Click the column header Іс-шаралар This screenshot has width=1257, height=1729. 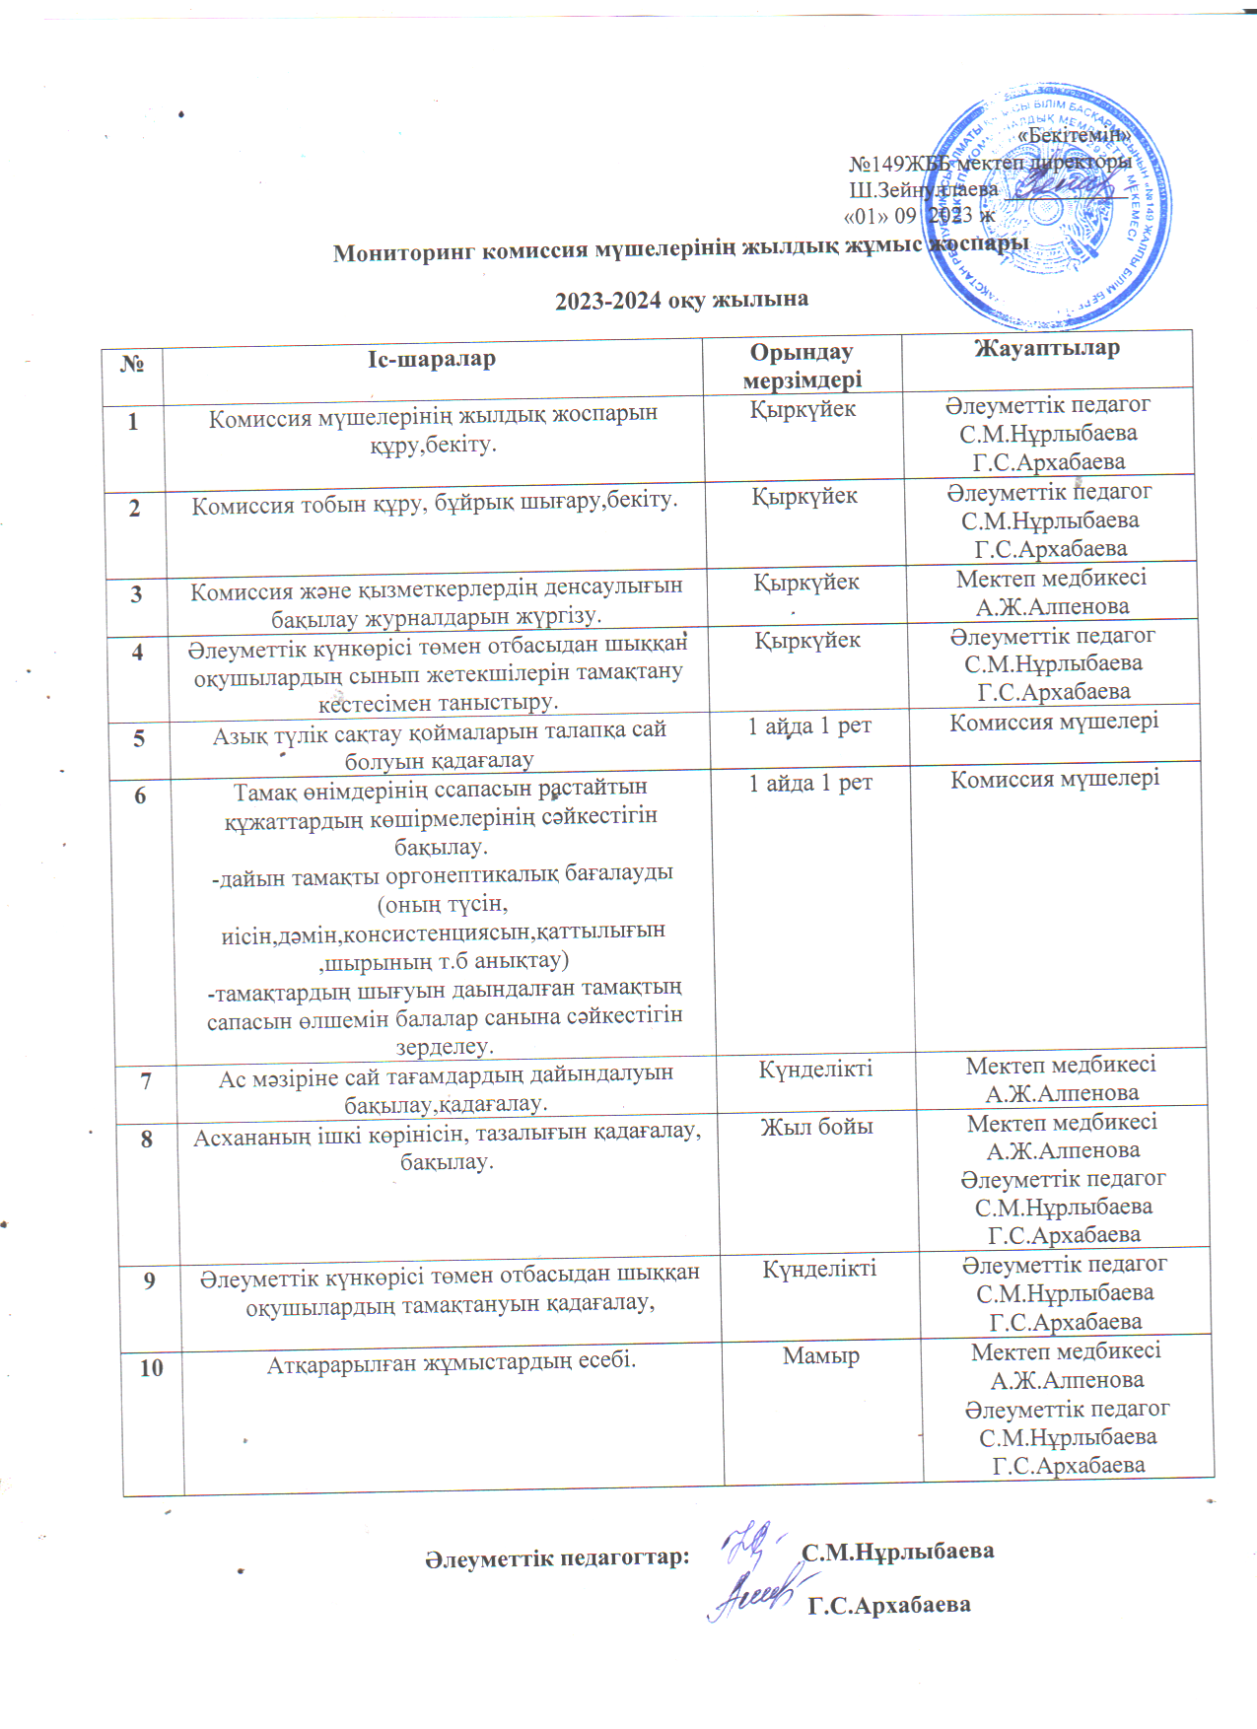pyautogui.click(x=432, y=360)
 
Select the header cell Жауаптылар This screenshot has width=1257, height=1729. pyautogui.click(x=1047, y=348)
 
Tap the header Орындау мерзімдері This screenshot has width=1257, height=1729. pyautogui.click(x=802, y=366)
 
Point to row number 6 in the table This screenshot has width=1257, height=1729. pyautogui.click(x=140, y=795)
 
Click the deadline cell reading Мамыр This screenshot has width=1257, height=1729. pyautogui.click(x=821, y=1356)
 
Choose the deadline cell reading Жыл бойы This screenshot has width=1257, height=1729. pyautogui.click(x=817, y=1127)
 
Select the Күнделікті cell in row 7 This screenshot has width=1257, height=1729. pyautogui.click(x=815, y=1069)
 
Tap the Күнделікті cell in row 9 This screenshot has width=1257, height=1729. pyautogui.click(x=819, y=1269)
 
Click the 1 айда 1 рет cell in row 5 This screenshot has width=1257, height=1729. pyautogui.click(x=809, y=726)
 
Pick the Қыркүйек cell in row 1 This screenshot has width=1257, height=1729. pyautogui.click(x=803, y=410)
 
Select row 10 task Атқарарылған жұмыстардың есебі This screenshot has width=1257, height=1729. pyautogui.click(x=452, y=1362)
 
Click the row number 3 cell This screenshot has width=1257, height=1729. pyautogui.click(x=136, y=594)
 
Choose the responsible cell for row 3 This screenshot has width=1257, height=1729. pyautogui.click(x=1052, y=592)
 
